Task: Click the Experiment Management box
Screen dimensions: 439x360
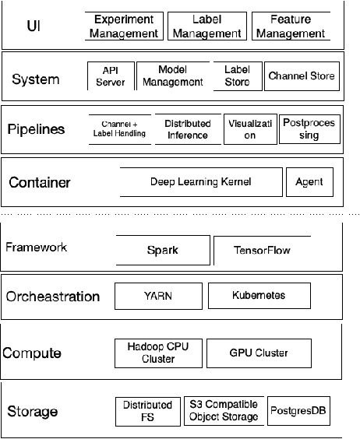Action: (125, 26)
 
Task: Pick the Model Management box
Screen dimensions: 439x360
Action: (172, 76)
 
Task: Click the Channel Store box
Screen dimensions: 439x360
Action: (301, 76)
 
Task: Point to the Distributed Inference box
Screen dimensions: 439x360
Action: (187, 129)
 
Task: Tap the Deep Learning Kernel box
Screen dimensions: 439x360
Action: (199, 182)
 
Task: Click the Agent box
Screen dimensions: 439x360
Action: (309, 183)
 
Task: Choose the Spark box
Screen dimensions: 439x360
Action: (163, 250)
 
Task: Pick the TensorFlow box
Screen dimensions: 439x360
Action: (261, 250)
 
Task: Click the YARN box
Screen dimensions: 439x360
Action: (158, 296)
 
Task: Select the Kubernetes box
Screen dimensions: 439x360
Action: (259, 296)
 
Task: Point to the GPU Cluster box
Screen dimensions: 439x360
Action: (259, 352)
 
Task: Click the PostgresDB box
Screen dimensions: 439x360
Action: (298, 411)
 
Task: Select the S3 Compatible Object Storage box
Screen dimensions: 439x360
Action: (224, 411)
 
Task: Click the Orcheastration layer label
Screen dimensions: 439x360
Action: (53, 297)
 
